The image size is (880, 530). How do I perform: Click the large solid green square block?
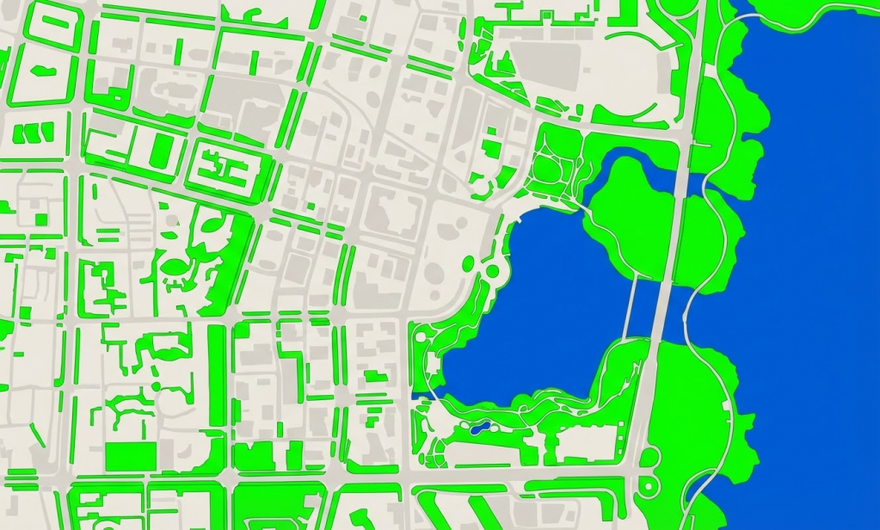coord(131,456)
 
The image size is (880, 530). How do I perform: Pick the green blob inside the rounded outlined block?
coord(38,71)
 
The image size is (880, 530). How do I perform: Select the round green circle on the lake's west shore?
coord(493,271)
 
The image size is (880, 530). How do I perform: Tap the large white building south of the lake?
coord(585,444)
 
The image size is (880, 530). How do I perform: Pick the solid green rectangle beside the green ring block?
coord(160,150)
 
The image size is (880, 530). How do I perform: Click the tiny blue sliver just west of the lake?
coord(421,395)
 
